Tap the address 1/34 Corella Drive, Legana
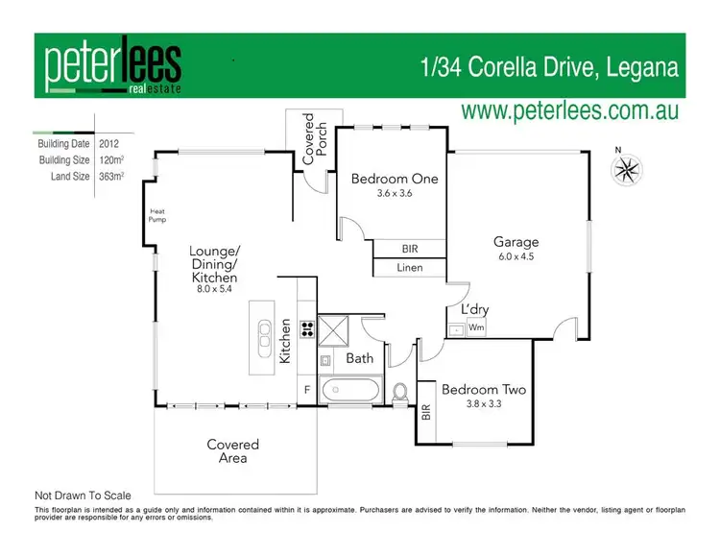coord(550,68)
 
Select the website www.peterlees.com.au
coord(570,110)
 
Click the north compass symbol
coord(626,170)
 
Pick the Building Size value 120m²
coord(112,160)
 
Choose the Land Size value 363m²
coord(112,176)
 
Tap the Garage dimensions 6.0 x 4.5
coord(516,256)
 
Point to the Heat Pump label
coord(156,216)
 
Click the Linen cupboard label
coord(410,268)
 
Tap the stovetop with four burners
coord(308,327)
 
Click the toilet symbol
coord(401,392)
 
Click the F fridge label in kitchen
coord(306,390)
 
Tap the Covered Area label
coord(233,451)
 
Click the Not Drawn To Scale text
coord(83,496)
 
